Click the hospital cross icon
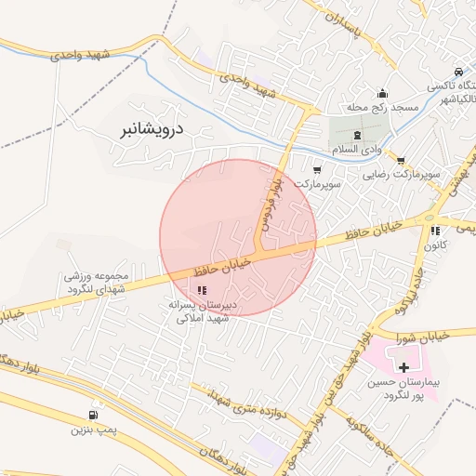coord(403,368)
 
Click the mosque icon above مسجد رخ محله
coord(381,93)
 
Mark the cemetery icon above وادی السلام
coord(357,136)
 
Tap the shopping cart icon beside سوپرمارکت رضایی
coord(401,159)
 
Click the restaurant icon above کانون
coord(434,231)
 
